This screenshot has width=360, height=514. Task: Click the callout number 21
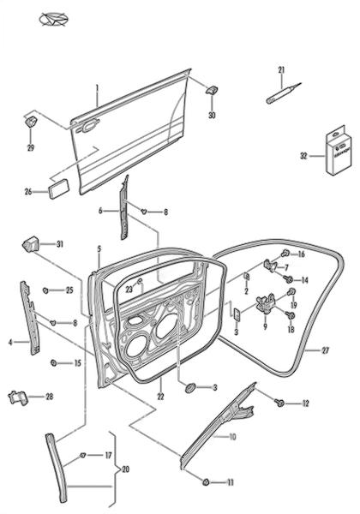(281, 70)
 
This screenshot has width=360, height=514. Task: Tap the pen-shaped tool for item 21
(283, 93)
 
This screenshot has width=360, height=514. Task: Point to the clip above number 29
(31, 122)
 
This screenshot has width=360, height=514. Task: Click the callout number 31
(60, 244)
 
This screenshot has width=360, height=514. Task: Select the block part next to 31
(30, 244)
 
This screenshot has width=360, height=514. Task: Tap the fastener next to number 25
(45, 290)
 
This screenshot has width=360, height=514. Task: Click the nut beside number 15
(53, 363)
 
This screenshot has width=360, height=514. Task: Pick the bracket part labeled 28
(18, 397)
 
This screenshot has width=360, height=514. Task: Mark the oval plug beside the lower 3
(189, 388)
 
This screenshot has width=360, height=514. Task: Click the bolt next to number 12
(279, 403)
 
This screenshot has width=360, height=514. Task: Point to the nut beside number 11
(207, 481)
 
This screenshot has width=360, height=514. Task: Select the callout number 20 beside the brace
(125, 469)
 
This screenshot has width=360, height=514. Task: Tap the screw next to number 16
(285, 253)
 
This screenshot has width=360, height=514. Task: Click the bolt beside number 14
(289, 279)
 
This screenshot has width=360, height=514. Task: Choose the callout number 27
(325, 350)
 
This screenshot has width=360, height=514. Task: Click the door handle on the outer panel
(87, 126)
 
